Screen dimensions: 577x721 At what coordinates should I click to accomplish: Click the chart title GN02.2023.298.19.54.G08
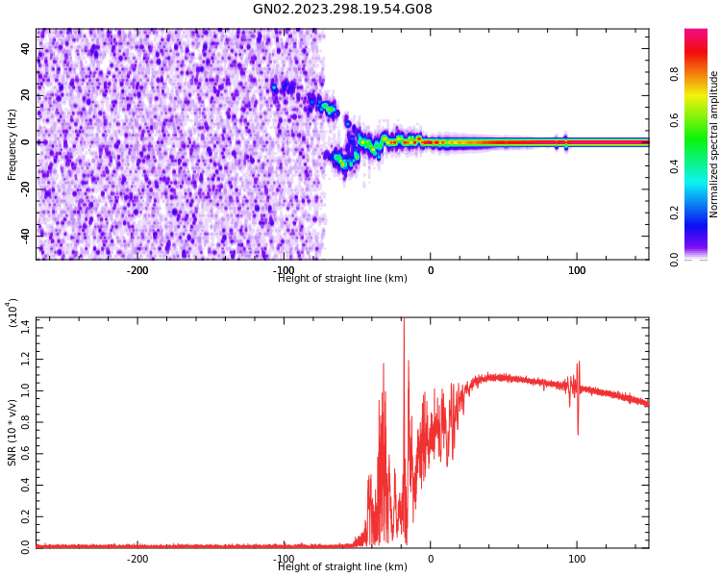pos(342,10)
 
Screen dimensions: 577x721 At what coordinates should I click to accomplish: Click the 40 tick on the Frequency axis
pos(26,49)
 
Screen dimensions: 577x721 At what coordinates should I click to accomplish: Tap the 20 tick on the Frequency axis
pos(26,95)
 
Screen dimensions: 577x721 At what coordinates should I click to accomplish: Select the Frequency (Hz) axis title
pos(12,144)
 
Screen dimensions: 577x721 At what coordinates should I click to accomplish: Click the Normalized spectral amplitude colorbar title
pos(714,144)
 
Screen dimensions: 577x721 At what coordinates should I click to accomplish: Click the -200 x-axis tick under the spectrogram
pos(137,270)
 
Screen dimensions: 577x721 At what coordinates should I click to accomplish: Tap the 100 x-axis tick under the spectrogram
pos(577,270)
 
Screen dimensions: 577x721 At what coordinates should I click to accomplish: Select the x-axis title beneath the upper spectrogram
pos(342,279)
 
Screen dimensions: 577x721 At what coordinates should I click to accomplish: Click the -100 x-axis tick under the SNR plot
pos(284,559)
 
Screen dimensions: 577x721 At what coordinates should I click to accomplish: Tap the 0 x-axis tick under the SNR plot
pos(431,559)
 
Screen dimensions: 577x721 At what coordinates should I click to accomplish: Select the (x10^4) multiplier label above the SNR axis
pos(12,314)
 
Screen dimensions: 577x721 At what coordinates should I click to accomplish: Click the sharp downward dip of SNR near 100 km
pos(578,433)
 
